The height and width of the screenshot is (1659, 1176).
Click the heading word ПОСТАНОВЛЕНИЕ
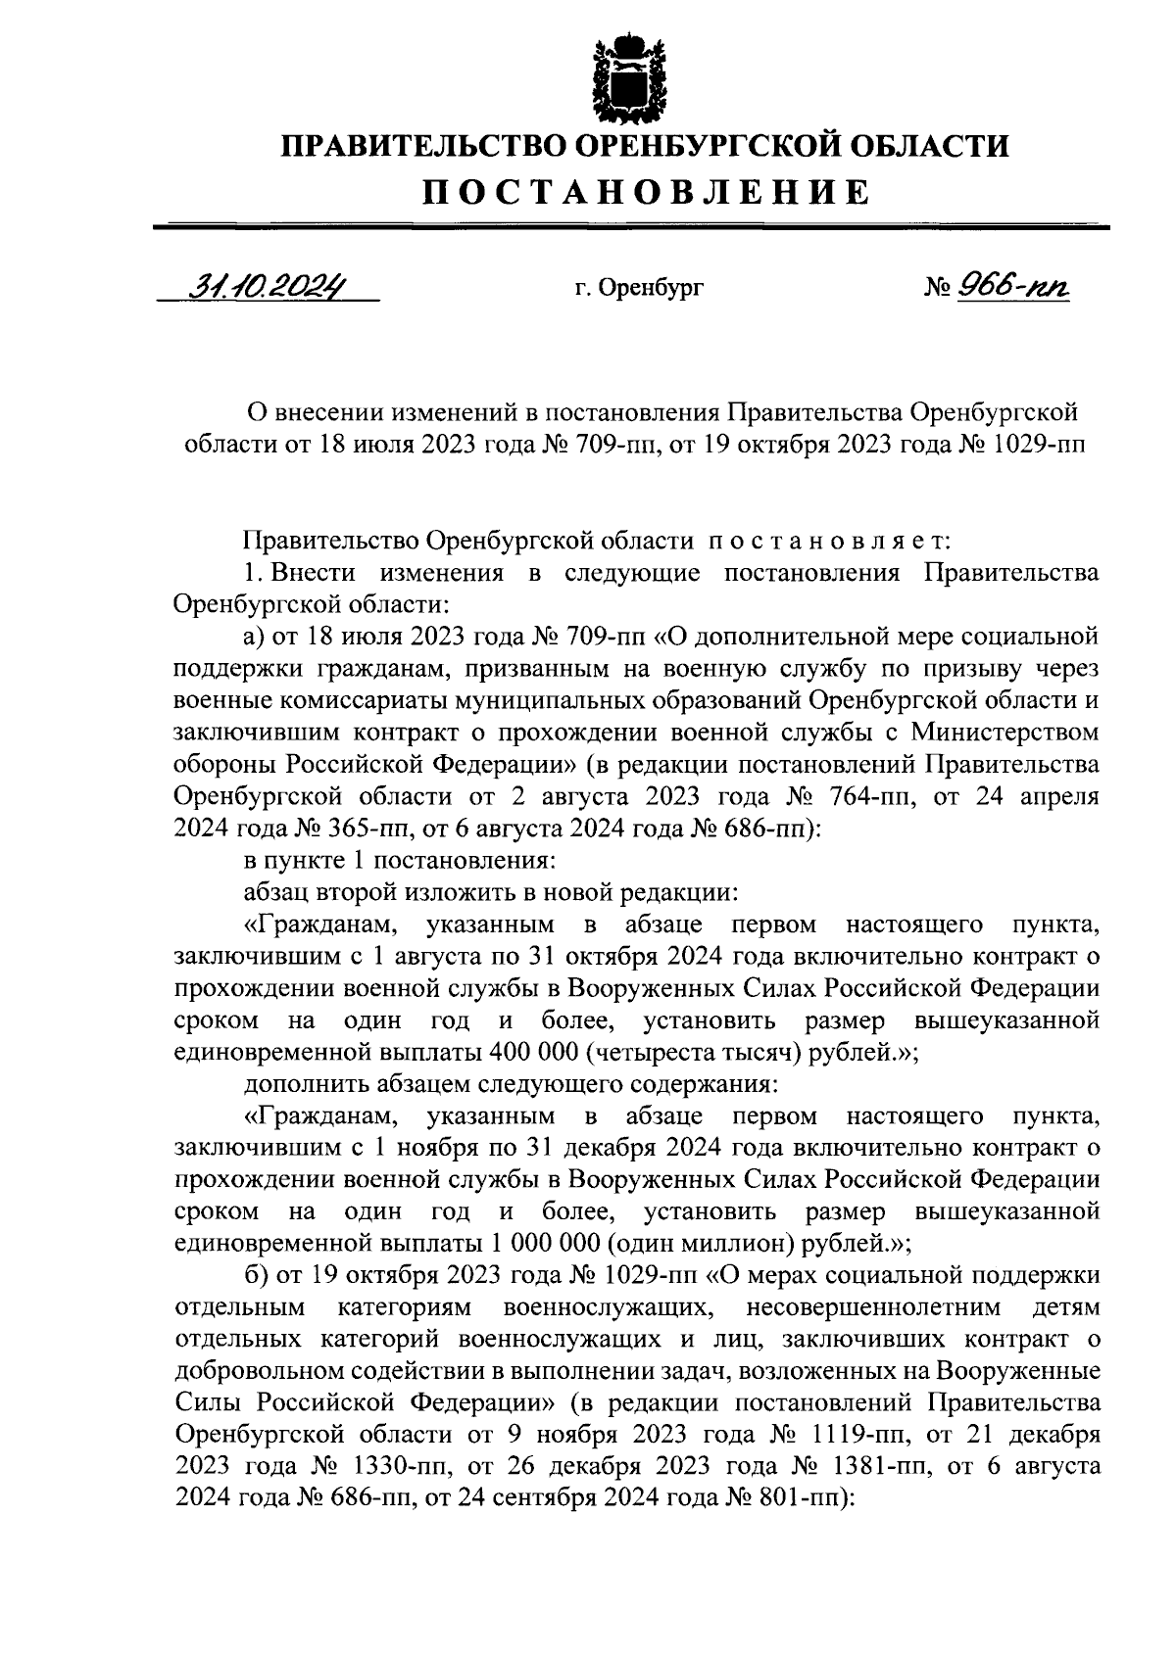[646, 192]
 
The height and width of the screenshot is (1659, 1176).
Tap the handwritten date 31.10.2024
[269, 288]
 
